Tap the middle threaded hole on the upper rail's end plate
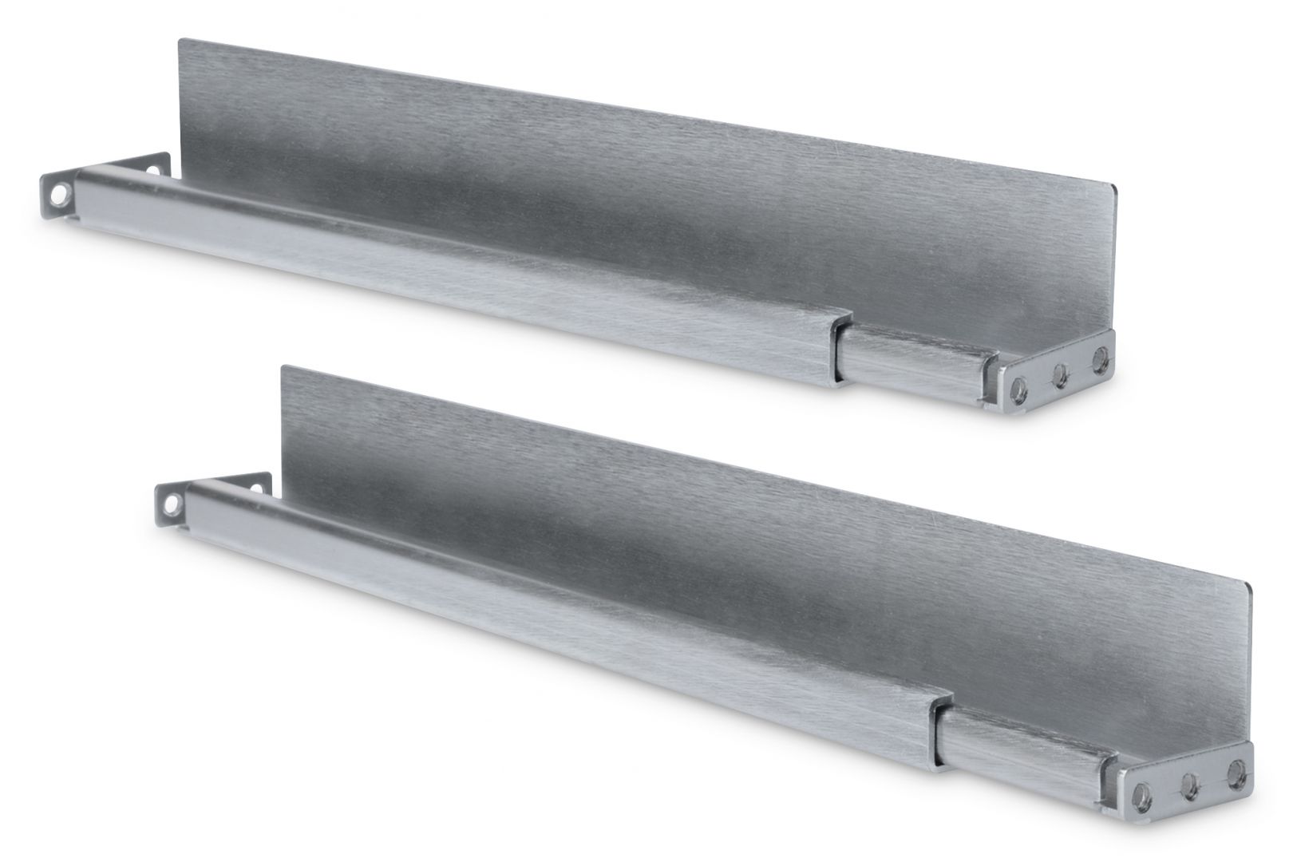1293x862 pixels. pyautogui.click(x=1061, y=377)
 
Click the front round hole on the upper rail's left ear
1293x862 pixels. pyautogui.click(x=58, y=192)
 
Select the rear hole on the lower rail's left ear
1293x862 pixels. pyautogui.click(x=257, y=483)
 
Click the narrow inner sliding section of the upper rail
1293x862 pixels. pyautogui.click(x=910, y=351)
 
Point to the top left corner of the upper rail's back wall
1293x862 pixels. pyautogui.click(x=179, y=38)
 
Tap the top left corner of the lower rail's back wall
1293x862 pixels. pyautogui.click(x=284, y=368)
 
